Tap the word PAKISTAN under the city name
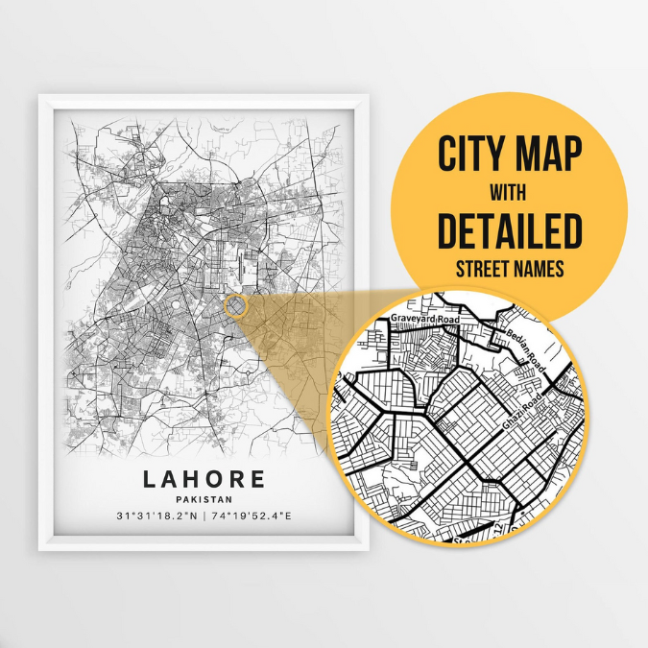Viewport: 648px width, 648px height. [204, 498]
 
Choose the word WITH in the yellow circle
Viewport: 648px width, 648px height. [509, 193]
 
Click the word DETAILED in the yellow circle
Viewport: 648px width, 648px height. [509, 231]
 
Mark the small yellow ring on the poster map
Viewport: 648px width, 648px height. [235, 306]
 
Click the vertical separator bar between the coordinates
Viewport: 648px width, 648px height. [204, 516]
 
